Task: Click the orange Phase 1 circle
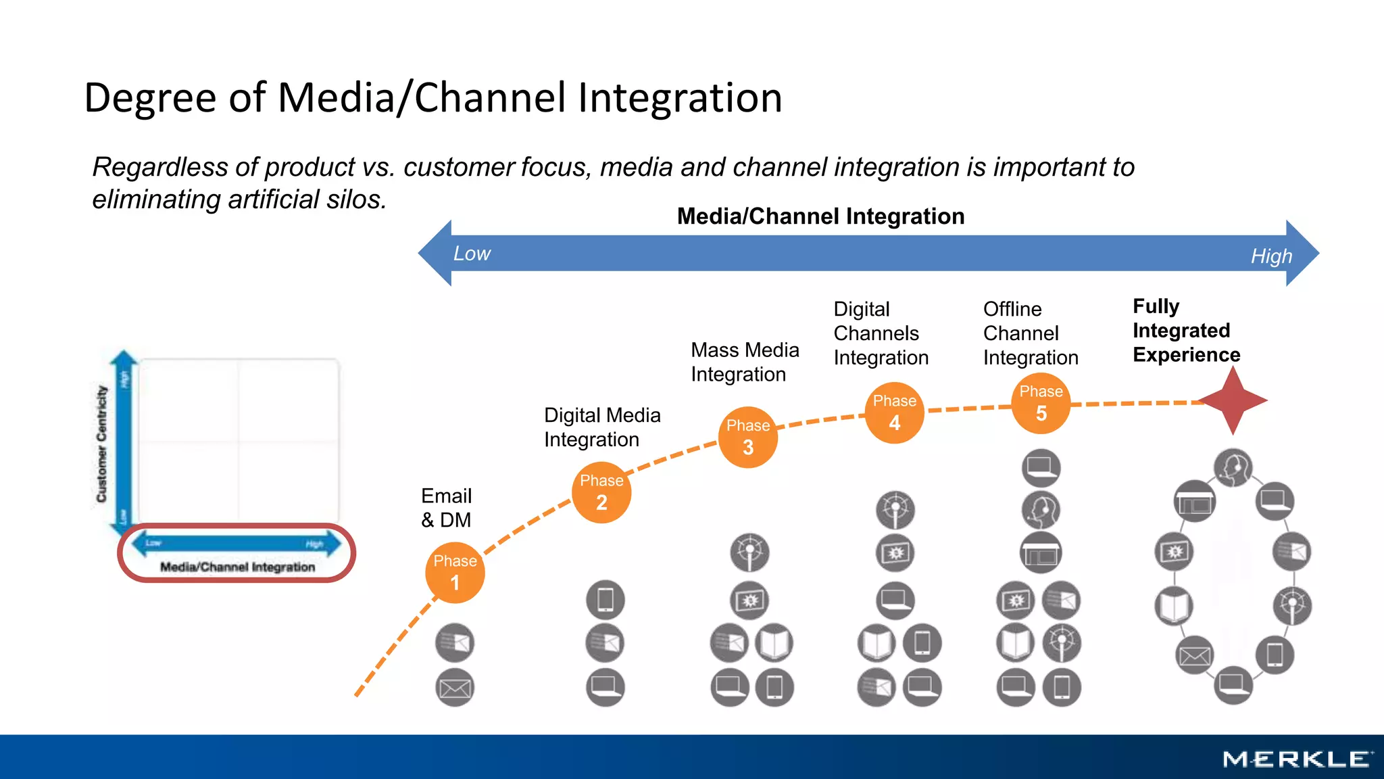(455, 573)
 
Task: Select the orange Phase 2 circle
(601, 493)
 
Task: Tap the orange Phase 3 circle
(748, 438)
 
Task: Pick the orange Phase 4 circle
(894, 413)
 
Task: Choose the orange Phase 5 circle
(1041, 404)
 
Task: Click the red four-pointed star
(1233, 400)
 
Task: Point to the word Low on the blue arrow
(472, 254)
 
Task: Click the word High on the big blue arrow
(1271, 256)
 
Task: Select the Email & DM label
(446, 508)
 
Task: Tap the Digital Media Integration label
(601, 427)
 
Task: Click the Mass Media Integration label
(744, 362)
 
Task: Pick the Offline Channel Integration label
(1030, 333)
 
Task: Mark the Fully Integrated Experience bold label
(1186, 331)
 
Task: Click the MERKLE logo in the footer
(1297, 759)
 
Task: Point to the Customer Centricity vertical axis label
(101, 444)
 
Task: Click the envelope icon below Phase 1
(455, 688)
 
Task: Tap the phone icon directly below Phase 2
(605, 600)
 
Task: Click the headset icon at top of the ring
(1233, 467)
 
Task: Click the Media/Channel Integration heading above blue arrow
(820, 216)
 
